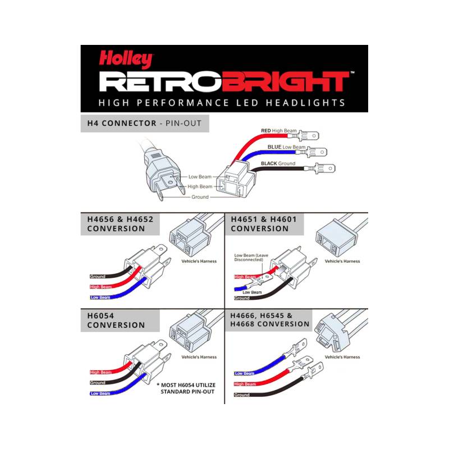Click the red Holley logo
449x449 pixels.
126,59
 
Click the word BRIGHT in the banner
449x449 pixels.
289,81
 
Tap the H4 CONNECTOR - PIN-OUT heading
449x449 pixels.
144,123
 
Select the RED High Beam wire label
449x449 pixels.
278,131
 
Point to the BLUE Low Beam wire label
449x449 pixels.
286,147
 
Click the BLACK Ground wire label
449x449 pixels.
278,163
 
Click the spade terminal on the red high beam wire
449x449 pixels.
308,135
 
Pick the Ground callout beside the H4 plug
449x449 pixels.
200,197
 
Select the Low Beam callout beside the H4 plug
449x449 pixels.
200,177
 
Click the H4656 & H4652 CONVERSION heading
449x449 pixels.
120,224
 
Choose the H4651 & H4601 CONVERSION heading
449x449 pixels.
264,224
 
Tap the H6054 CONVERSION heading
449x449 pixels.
116,320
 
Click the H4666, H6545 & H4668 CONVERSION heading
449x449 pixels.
270,320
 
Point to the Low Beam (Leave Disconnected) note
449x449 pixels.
251,258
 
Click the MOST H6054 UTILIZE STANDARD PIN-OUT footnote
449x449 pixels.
186,388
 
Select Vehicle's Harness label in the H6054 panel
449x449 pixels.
199,357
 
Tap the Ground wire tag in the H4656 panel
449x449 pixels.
98,276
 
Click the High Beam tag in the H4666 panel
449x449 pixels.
245,384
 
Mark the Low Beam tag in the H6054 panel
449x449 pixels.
100,393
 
